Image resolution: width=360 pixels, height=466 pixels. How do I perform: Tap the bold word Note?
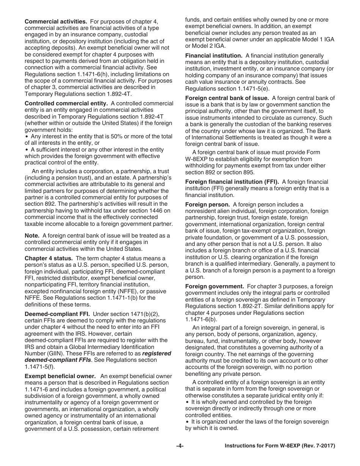[x=32, y=236]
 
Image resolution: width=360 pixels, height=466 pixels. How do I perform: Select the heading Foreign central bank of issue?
[x=227, y=98]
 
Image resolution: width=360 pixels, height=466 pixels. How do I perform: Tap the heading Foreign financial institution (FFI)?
[x=232, y=181]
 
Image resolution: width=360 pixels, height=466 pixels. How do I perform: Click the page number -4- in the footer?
[x=180, y=446]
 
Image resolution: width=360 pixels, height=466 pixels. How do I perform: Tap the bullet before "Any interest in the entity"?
[x=27, y=136]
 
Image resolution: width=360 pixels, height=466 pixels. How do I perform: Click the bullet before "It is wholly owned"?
[x=187, y=402]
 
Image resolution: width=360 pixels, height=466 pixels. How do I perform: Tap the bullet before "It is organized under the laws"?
[x=187, y=422]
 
